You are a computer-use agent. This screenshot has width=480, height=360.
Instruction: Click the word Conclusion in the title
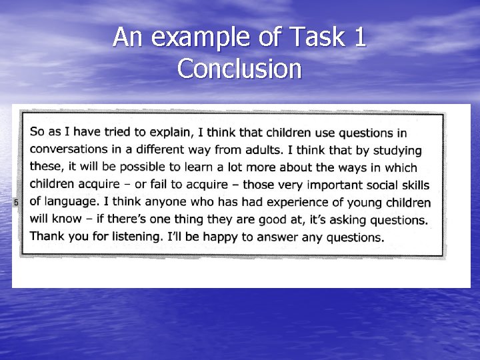point(240,68)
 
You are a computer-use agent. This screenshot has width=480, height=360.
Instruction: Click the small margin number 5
point(15,202)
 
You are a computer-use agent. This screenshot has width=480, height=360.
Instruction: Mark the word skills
point(414,185)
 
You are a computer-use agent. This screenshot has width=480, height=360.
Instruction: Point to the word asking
point(346,219)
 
